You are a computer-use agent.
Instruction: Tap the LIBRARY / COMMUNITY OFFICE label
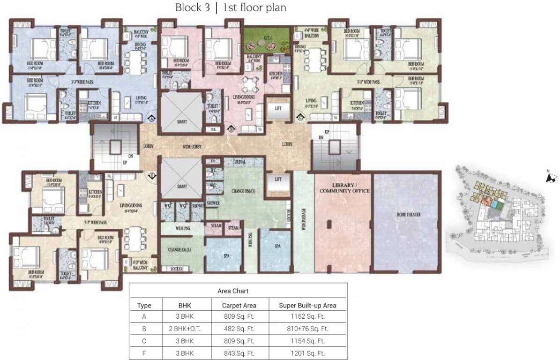344,187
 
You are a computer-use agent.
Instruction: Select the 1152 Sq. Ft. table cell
307,316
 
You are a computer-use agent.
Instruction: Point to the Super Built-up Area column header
307,305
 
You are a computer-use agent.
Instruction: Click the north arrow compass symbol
551,177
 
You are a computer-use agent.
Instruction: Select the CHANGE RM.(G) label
243,191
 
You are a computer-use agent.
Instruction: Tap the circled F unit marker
152,175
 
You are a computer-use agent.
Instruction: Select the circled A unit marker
152,119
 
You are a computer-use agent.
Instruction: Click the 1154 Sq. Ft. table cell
307,341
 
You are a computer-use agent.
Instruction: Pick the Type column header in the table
144,305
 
